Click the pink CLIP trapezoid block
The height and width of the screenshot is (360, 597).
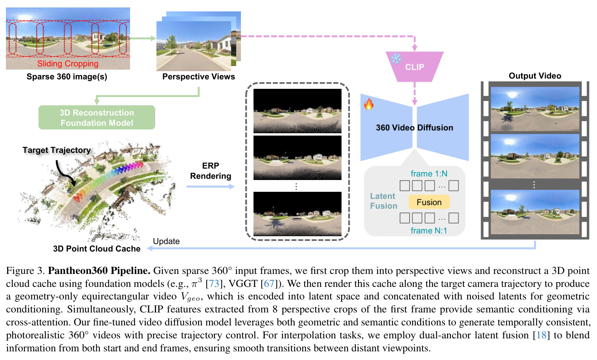(414, 67)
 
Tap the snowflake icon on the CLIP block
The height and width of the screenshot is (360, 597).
(396, 58)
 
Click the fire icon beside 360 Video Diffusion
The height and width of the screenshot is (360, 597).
(369, 104)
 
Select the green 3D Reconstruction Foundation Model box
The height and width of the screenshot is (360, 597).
(97, 118)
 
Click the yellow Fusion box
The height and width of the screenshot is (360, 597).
(429, 202)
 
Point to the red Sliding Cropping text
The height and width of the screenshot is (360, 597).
(68, 64)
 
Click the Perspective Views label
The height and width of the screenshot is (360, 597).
(198, 77)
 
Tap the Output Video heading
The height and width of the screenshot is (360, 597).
(535, 76)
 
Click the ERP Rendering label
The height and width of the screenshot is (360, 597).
(211, 171)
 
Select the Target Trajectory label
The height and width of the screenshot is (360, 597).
(57, 150)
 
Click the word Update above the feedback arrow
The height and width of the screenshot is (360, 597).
(166, 241)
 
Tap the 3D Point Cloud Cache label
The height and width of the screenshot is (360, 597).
(97, 249)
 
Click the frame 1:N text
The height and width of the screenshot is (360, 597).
(429, 174)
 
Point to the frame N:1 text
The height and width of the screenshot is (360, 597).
(429, 230)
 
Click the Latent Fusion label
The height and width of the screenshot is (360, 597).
(384, 201)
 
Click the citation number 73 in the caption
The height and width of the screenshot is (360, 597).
(214, 283)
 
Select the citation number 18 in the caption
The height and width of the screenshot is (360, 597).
(541, 335)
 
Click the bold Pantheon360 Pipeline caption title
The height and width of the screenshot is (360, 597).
(99, 271)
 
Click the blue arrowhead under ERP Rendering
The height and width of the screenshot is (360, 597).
(232, 187)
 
